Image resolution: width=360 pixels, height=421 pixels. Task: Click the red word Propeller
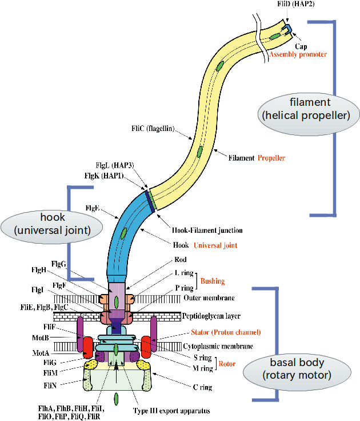pos(271,157)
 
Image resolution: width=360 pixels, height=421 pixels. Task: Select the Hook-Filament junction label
pos(207,231)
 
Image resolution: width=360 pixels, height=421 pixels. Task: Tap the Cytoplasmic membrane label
pos(218,346)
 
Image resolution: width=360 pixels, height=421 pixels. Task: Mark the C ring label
pos(203,387)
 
